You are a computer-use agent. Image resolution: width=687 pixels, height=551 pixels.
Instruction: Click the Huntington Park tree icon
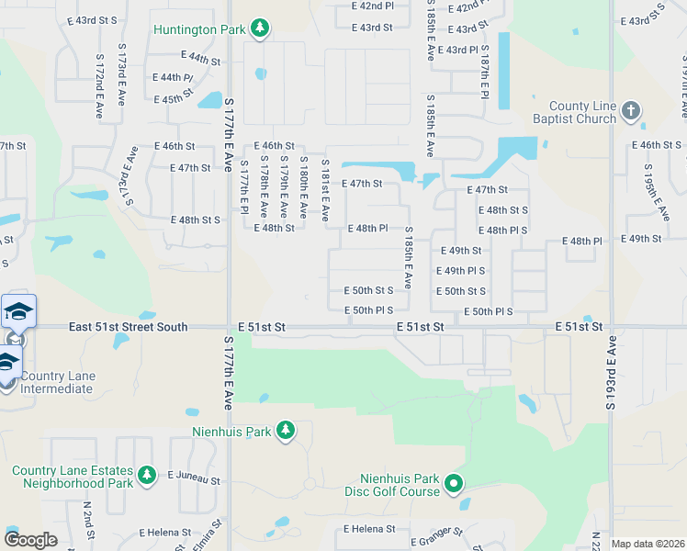pyautogui.click(x=260, y=28)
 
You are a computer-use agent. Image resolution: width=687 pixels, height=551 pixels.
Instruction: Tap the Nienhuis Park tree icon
pyautogui.click(x=286, y=430)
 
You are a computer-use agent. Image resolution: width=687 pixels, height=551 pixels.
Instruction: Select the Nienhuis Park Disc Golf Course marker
pyautogui.click(x=453, y=483)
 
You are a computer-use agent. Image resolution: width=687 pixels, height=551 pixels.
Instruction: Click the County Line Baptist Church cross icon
pyautogui.click(x=630, y=111)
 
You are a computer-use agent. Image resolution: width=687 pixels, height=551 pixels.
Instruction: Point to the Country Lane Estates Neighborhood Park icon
pyautogui.click(x=146, y=474)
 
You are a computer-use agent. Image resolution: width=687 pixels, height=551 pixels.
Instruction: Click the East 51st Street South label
pyautogui.click(x=129, y=327)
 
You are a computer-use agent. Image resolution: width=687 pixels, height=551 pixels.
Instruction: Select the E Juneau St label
pyautogui.click(x=194, y=479)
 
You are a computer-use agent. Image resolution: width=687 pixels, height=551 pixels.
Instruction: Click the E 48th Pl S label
pyautogui.click(x=503, y=230)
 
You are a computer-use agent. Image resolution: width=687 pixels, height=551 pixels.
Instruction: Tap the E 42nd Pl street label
pyautogui.click(x=372, y=6)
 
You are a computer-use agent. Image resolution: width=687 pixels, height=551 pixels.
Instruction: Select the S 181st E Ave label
pyautogui.click(x=325, y=190)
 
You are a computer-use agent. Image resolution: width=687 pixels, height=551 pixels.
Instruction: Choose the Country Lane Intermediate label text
pyautogui.click(x=56, y=382)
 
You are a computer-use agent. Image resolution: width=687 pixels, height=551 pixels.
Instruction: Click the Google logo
pyautogui.click(x=30, y=540)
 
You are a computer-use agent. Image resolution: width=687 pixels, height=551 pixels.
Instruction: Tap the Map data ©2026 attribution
pyautogui.click(x=648, y=544)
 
